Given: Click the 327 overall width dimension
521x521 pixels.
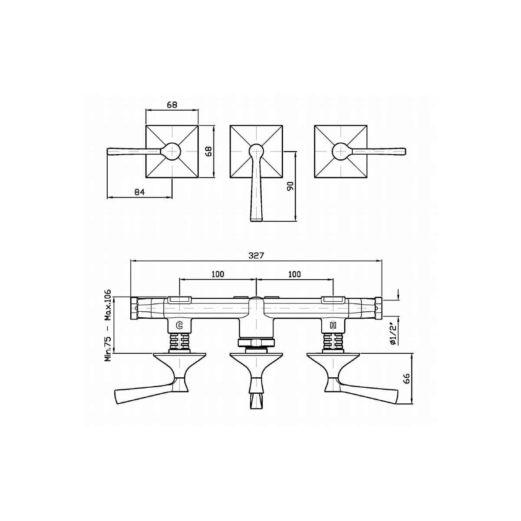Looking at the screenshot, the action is (256, 255).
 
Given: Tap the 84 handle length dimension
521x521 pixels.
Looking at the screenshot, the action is (140, 192).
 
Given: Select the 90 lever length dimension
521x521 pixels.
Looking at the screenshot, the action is (290, 186).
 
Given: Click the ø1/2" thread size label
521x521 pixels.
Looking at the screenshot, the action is (393, 334).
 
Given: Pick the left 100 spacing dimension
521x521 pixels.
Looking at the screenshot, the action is (218, 274).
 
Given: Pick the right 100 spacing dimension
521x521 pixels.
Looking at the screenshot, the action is (294, 274).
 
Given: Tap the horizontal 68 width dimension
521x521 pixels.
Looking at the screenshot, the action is (172, 105).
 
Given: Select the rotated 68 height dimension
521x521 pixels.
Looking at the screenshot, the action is (209, 152).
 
